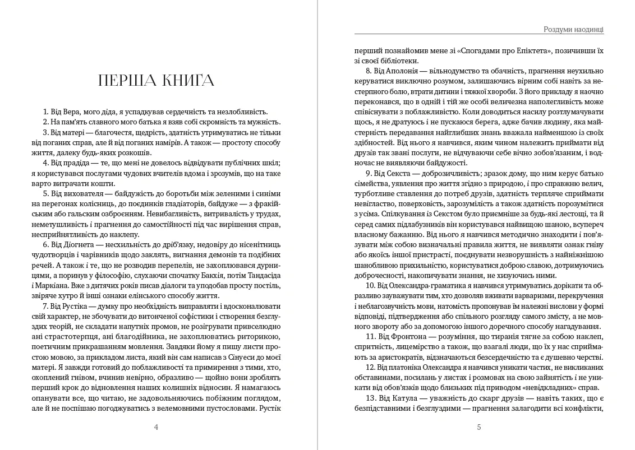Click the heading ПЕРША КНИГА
156,81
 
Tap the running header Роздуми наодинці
573,30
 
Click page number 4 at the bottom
156,427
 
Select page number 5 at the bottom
478,427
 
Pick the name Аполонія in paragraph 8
402,71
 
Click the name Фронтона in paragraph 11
402,336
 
